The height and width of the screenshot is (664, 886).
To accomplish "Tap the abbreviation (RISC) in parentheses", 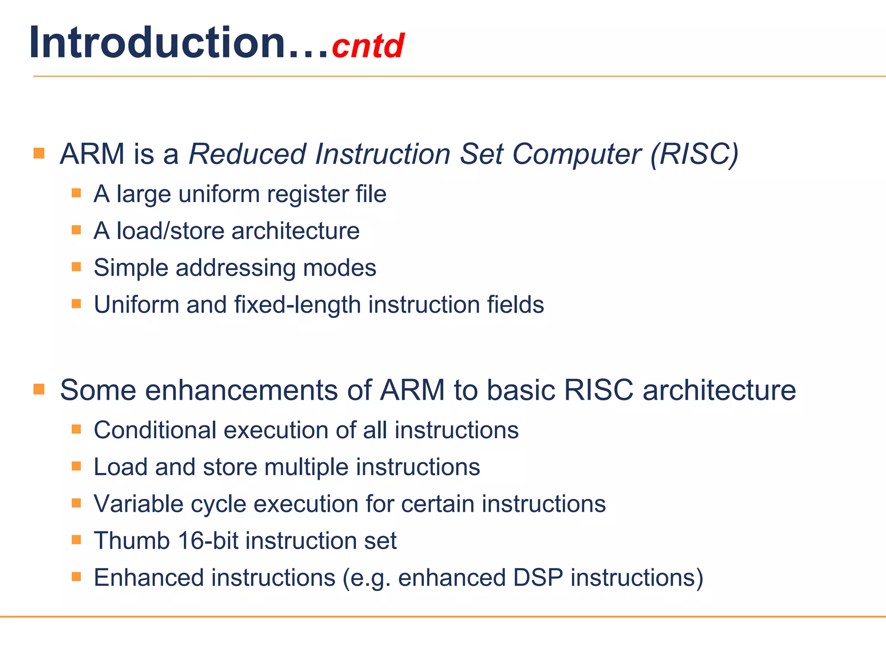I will (x=694, y=154).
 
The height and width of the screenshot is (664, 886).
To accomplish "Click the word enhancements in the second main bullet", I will (x=242, y=390).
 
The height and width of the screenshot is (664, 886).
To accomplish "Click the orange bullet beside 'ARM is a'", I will (x=39, y=153).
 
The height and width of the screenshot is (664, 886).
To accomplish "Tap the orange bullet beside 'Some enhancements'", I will (x=39, y=389).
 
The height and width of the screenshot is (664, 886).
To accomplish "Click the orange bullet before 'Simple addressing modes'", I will (x=77, y=267).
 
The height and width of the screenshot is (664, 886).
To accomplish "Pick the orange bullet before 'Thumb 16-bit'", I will (x=77, y=539).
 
